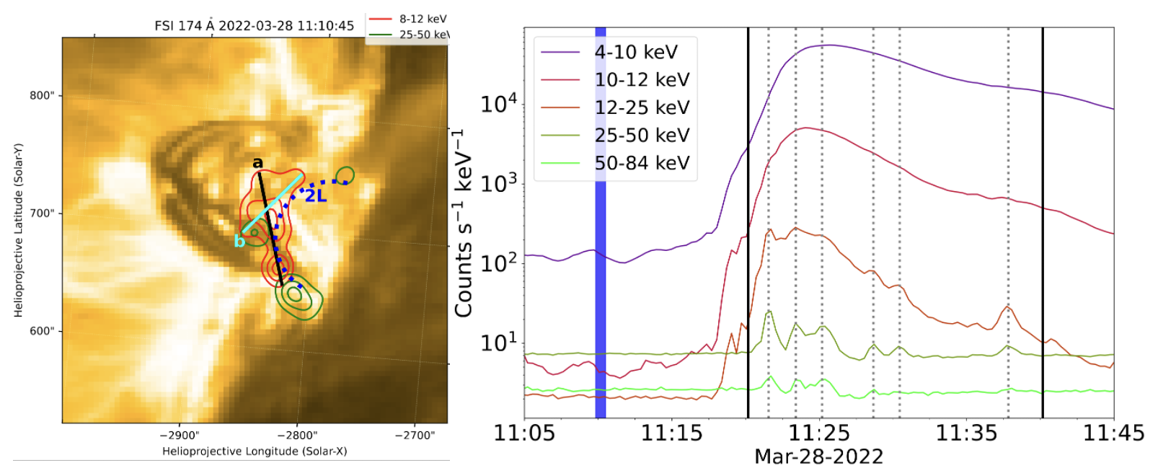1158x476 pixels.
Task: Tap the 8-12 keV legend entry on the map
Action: point(423,19)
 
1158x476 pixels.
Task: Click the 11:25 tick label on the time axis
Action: point(819,433)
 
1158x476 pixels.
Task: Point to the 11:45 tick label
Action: point(1113,433)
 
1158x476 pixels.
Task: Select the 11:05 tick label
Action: point(524,433)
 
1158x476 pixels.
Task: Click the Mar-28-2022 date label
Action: point(818,457)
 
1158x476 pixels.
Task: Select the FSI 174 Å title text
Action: point(254,26)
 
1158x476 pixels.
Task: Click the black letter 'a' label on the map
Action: point(257,163)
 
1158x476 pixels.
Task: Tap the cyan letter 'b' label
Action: point(239,241)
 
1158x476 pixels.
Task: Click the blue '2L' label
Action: point(316,196)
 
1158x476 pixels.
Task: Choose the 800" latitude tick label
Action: point(42,96)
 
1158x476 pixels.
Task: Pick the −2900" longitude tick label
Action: point(179,436)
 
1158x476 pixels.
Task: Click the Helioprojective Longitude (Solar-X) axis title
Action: point(255,451)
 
